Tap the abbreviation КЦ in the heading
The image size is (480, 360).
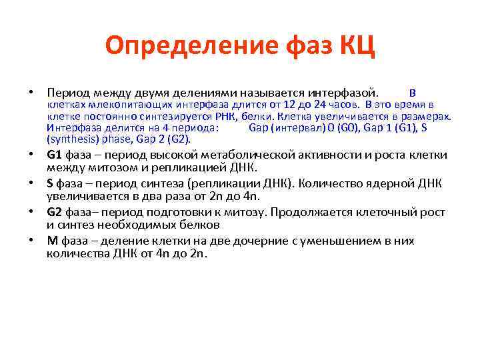pos(357,46)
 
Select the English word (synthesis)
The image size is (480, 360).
pos(71,139)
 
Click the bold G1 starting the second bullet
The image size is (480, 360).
pos(54,155)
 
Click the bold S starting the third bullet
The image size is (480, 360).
pos(50,183)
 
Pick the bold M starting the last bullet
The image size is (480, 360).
pos(51,241)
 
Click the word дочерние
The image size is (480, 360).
pos(275,241)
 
